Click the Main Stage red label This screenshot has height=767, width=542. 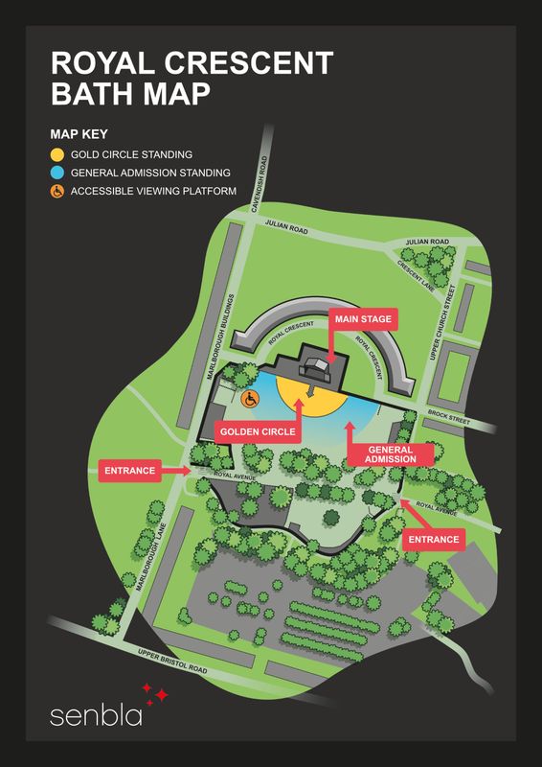point(363,319)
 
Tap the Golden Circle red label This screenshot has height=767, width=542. point(258,432)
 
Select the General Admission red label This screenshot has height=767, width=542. point(390,453)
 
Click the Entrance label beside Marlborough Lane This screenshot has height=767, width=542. point(130,471)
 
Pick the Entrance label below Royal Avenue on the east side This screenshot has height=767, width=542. point(434,539)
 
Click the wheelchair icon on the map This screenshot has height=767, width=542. point(249,399)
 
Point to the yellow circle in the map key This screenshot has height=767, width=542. point(57,155)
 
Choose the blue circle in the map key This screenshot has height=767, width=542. point(57,173)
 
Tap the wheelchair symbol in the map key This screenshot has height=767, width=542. point(57,191)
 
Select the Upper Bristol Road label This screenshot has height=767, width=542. point(173,662)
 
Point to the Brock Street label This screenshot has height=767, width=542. point(449,417)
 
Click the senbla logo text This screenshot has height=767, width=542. point(96,715)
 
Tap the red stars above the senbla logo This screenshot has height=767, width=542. point(155,693)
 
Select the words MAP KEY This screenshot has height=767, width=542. point(79,133)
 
